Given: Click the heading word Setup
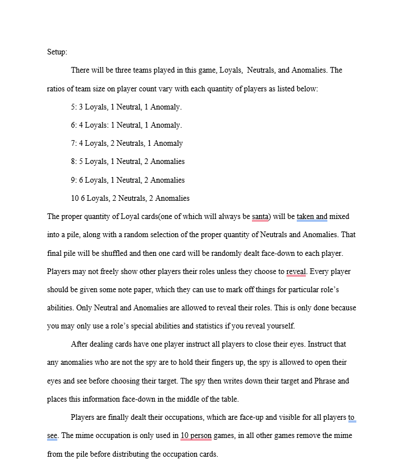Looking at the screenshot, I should point(57,52).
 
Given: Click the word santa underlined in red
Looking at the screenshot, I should point(260,216).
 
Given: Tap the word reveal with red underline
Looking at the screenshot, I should point(296,271).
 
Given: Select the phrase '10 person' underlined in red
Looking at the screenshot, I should point(196,436).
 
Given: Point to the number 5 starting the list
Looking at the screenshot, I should point(73,107).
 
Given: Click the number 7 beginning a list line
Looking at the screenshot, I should point(73,143).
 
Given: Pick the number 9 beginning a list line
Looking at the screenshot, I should point(73,180).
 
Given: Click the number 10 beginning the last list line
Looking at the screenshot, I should point(75,198).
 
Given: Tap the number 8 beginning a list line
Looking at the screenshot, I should point(73,161).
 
